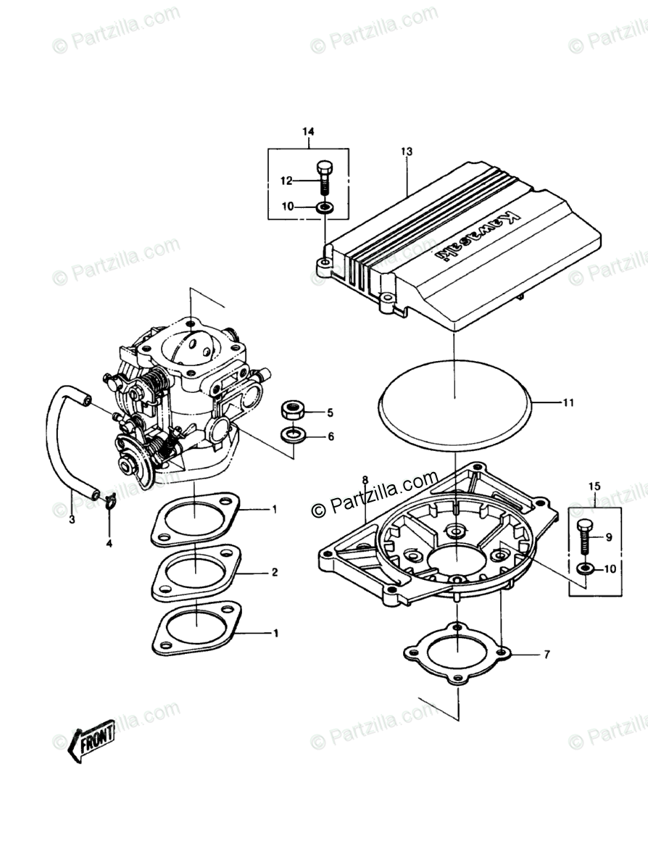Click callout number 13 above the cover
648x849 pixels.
406,151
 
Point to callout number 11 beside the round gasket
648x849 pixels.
568,401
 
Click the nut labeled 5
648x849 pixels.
293,411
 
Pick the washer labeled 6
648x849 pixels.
293,436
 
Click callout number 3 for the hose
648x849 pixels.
72,519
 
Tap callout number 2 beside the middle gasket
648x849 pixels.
275,572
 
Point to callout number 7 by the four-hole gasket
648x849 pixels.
547,655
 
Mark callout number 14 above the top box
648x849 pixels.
308,131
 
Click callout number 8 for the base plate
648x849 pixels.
365,480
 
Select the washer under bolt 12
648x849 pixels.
325,207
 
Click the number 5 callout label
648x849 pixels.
330,413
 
